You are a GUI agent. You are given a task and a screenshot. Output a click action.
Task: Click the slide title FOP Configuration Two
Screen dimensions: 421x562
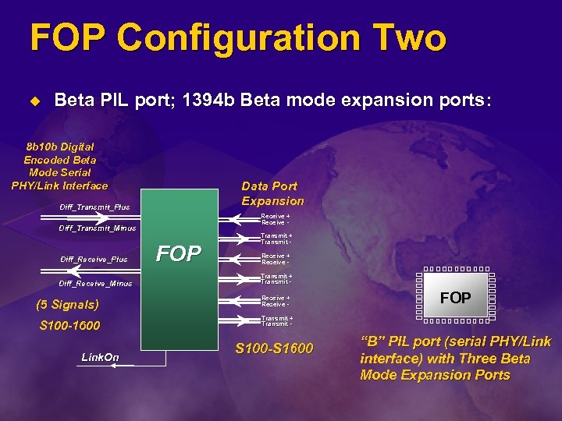point(237,38)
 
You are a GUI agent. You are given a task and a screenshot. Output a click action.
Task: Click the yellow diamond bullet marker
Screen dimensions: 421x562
point(34,101)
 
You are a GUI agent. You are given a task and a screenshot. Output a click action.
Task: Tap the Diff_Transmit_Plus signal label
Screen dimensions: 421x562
point(94,207)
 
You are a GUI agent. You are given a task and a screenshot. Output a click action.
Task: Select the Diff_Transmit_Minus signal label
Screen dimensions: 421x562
point(98,228)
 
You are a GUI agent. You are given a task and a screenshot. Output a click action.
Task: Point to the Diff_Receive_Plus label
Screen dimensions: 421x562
point(94,259)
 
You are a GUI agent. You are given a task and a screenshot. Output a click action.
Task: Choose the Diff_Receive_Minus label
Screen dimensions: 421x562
point(96,283)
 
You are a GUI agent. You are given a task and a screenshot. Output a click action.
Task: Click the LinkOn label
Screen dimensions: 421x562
point(101,357)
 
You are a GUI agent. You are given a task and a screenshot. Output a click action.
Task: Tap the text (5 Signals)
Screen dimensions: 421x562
point(69,305)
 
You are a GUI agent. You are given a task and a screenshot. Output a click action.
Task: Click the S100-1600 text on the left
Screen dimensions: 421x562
point(69,325)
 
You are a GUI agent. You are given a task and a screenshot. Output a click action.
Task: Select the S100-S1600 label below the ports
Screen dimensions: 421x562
point(274,348)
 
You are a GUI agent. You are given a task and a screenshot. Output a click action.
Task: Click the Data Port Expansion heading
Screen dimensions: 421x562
point(272,193)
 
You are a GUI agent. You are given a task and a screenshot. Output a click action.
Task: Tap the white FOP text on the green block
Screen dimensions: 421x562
point(179,253)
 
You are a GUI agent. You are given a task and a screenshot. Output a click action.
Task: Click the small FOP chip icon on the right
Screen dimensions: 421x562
point(455,298)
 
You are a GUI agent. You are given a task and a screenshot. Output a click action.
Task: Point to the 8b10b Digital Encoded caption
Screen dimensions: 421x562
point(59,165)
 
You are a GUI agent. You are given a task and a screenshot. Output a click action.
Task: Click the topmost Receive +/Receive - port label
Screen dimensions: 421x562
point(276,219)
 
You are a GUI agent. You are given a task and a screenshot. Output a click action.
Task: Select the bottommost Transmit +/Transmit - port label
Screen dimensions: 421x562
point(276,320)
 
